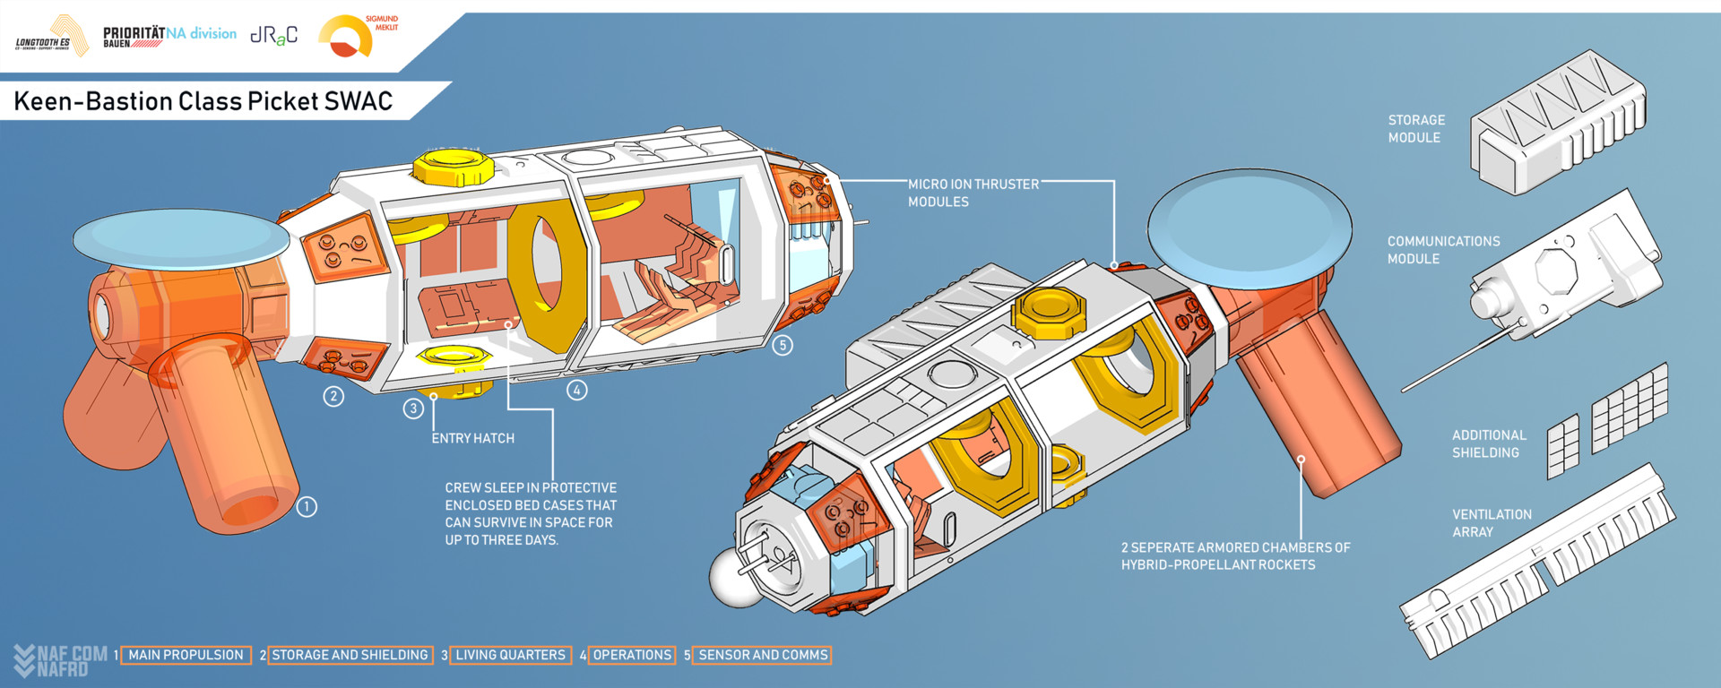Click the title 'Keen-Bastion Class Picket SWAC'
(x=203, y=101)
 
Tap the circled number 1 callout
(x=307, y=507)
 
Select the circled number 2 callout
(x=333, y=396)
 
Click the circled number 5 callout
(x=783, y=345)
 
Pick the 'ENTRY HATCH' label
(x=472, y=438)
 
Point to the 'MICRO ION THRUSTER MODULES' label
(x=973, y=193)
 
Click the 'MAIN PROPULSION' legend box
(x=186, y=656)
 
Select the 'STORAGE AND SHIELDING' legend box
(x=350, y=656)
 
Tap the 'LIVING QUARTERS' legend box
(x=510, y=656)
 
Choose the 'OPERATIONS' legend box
(x=632, y=656)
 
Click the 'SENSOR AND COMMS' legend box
(x=763, y=656)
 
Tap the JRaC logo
(x=273, y=36)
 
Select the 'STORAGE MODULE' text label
(x=1416, y=129)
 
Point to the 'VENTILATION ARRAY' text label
(x=1492, y=523)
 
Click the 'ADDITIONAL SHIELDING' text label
(x=1489, y=444)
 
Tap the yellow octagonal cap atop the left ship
(x=454, y=166)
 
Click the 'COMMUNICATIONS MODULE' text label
(x=1443, y=250)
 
